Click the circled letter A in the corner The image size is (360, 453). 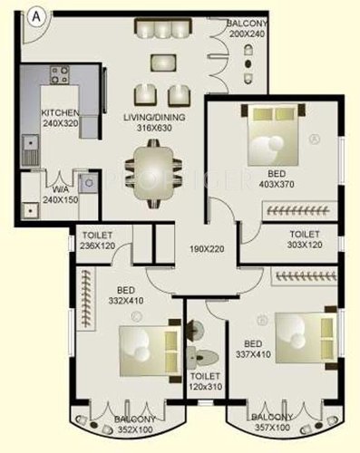pyautogui.click(x=35, y=14)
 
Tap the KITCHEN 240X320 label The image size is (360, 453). pyautogui.click(x=61, y=119)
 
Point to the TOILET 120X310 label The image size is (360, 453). pyautogui.click(x=205, y=381)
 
